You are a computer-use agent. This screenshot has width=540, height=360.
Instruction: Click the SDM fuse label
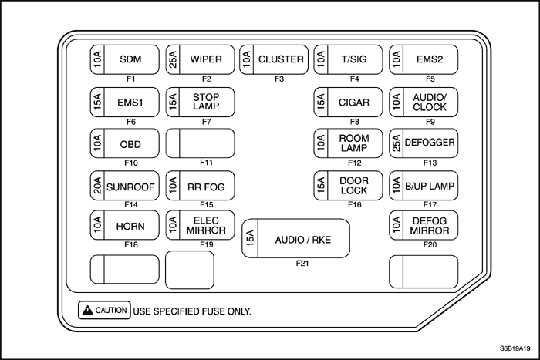click(x=130, y=59)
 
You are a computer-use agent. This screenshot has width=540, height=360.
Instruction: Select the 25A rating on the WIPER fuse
click(x=173, y=59)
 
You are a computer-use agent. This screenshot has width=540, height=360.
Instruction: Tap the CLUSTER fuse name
click(x=281, y=59)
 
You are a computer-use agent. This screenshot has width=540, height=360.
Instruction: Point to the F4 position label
click(x=355, y=79)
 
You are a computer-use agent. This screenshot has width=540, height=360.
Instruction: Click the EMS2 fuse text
click(x=430, y=59)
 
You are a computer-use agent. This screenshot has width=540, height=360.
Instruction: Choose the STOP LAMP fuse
click(x=200, y=103)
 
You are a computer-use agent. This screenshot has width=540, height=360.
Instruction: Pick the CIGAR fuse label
click(x=354, y=103)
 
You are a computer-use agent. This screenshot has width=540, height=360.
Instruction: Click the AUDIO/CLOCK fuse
click(x=424, y=103)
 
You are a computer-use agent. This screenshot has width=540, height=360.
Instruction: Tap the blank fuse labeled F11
click(x=200, y=143)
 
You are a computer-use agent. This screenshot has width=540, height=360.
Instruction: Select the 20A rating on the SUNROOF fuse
click(x=97, y=186)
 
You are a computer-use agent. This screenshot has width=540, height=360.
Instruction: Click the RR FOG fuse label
click(x=206, y=187)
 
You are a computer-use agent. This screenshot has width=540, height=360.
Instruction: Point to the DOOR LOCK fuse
click(x=348, y=186)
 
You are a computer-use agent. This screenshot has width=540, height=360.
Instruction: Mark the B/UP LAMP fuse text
click(x=430, y=187)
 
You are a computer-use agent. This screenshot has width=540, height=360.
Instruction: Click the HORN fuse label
click(x=130, y=226)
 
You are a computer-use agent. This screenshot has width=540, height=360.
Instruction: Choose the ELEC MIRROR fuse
click(x=200, y=225)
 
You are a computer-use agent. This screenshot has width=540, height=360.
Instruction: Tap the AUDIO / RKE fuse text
click(x=303, y=240)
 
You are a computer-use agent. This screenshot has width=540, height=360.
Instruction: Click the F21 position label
click(x=302, y=264)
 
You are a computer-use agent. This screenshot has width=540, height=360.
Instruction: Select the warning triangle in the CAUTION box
click(x=88, y=310)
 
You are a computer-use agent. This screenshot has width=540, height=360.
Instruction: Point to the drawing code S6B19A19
click(x=515, y=348)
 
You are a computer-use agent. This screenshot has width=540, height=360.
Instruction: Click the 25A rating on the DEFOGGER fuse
click(x=396, y=143)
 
